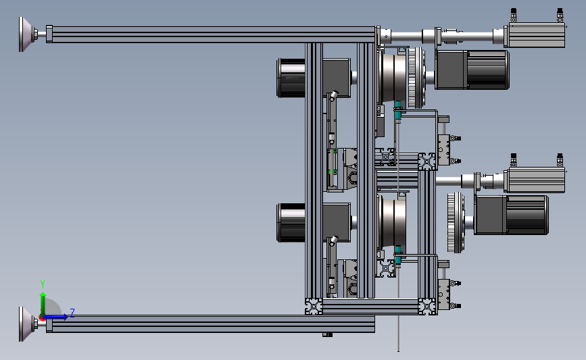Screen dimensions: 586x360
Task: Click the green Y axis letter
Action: pyautogui.click(x=42, y=284)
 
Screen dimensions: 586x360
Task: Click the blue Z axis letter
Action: pyautogui.click(x=72, y=313)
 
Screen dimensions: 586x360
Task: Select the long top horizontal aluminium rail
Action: pyautogui.click(x=210, y=34)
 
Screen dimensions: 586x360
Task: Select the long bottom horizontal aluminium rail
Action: pyautogui.click(x=210, y=324)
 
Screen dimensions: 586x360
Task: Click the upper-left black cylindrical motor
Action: pyautogui.click(x=291, y=78)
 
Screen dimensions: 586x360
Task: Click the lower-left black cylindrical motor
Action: pyautogui.click(x=291, y=223)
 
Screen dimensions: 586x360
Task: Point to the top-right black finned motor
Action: pyautogui.click(x=472, y=70)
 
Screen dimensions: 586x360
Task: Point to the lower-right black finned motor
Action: pyautogui.click(x=512, y=215)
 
